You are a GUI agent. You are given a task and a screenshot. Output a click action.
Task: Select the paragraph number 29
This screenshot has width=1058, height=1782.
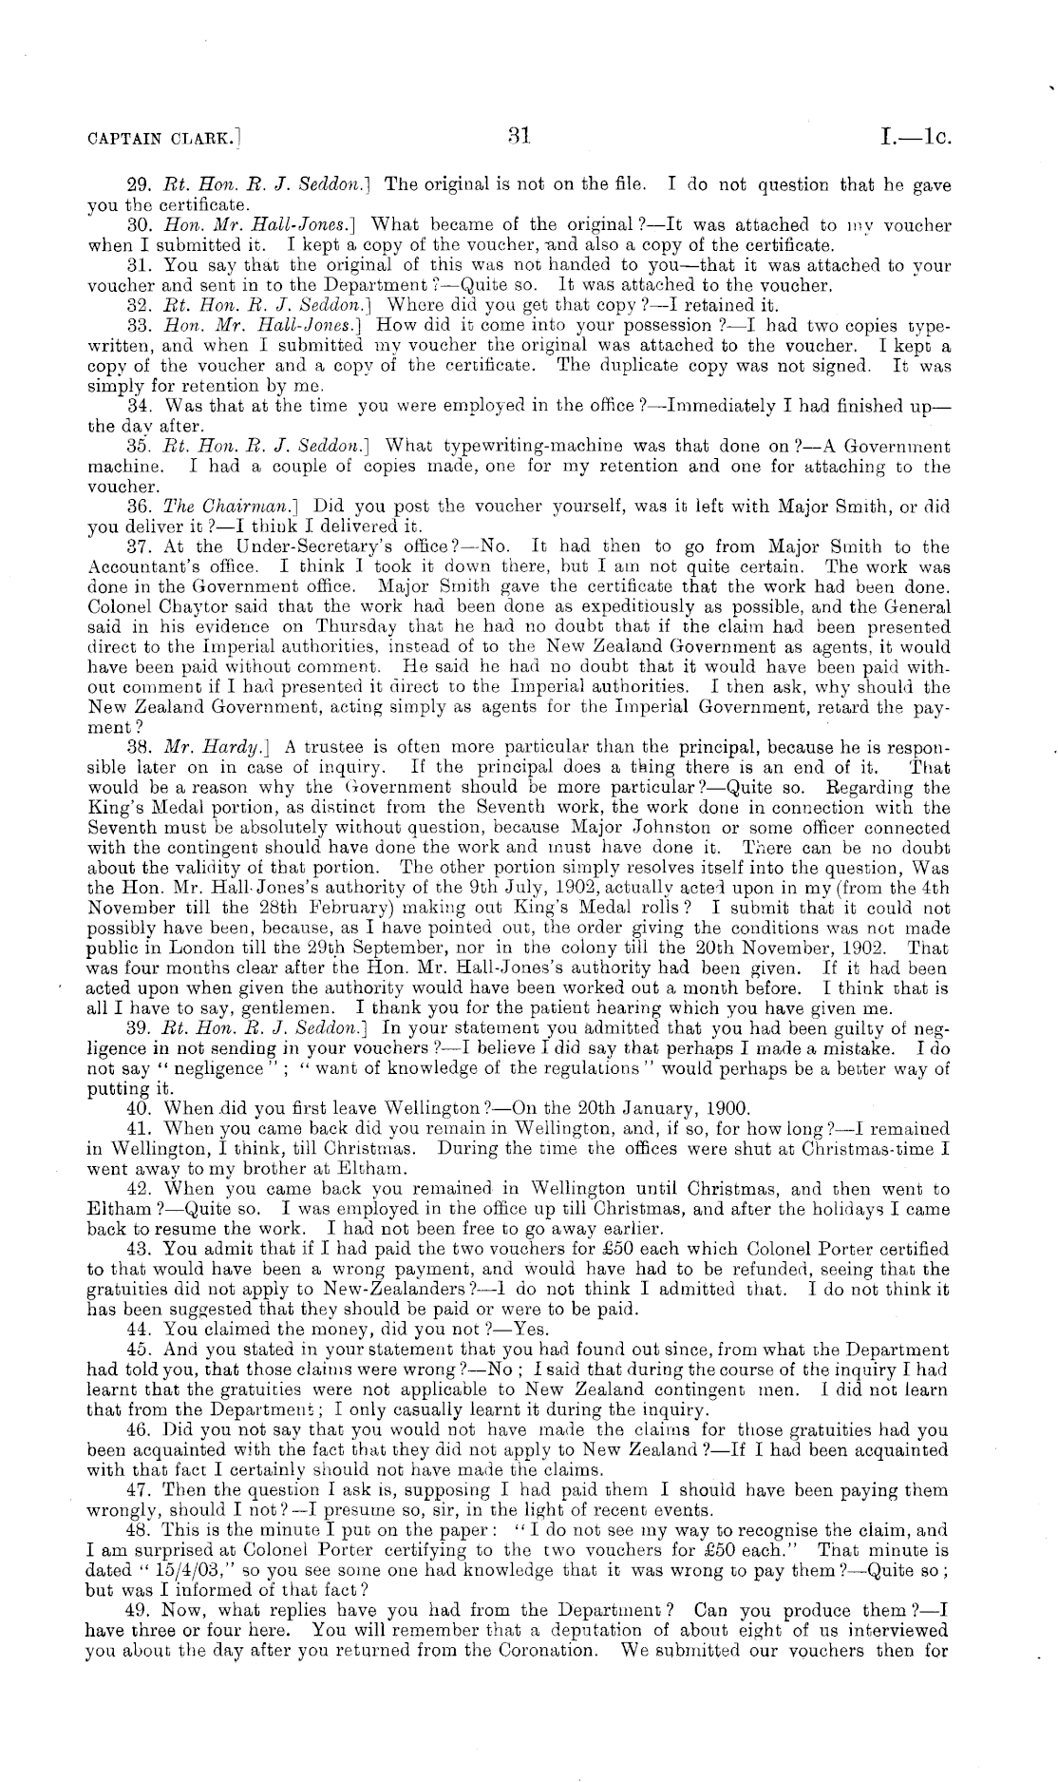click(139, 185)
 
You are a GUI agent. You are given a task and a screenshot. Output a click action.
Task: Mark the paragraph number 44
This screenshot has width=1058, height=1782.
click(139, 1329)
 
